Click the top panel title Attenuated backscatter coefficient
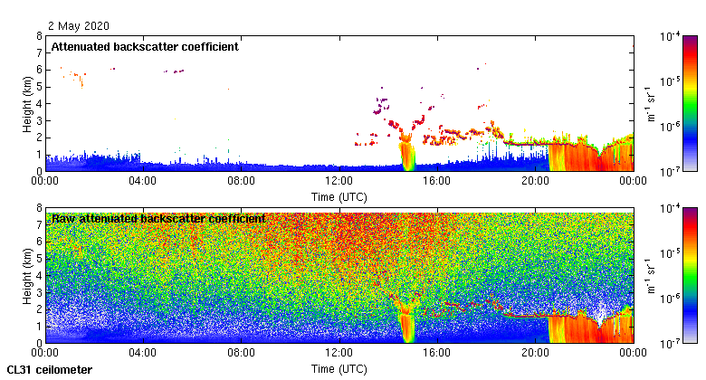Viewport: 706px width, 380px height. coord(144,46)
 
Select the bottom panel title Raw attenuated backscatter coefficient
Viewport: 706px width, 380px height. coord(158,218)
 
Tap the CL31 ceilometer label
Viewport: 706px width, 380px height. coord(49,369)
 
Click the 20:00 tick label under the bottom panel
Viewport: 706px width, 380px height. coord(535,352)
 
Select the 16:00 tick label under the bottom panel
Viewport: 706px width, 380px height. coord(437,352)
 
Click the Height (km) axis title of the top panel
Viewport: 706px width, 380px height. coord(28,103)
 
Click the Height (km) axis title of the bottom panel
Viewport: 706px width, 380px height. coord(28,275)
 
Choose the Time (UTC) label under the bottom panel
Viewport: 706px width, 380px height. coord(339,368)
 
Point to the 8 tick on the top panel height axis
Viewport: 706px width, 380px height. coord(38,37)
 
